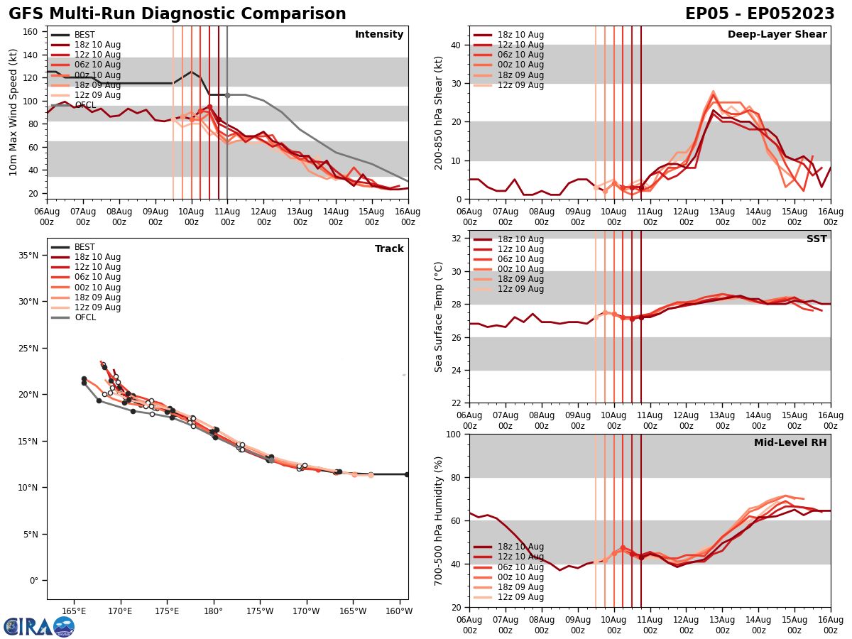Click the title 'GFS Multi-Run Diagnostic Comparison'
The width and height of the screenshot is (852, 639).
177,14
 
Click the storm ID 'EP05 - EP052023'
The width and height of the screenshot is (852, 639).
760,14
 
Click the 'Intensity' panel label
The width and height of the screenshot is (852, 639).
378,35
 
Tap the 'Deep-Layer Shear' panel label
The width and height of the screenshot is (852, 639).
777,35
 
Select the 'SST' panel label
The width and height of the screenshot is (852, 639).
816,239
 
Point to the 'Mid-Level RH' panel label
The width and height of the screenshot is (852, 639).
790,443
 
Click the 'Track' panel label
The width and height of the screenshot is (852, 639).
389,249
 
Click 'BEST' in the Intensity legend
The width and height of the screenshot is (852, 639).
84,35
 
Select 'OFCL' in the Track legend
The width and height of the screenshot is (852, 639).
84,317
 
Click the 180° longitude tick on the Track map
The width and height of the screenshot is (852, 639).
213,611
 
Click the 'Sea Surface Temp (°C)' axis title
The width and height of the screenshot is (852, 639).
439,317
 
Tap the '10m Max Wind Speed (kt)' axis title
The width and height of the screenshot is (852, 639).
13,112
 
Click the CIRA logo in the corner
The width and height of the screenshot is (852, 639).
38,626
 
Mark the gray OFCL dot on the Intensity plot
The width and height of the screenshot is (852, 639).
227,95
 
